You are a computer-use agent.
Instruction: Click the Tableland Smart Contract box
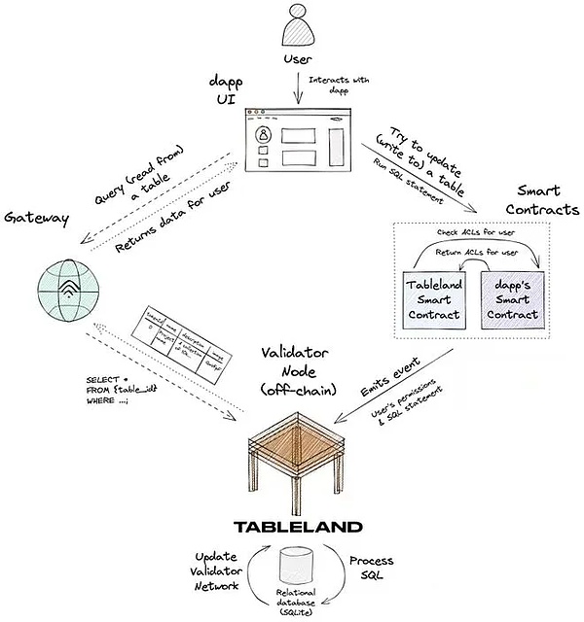[435, 297]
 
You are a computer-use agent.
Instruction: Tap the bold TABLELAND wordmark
[298, 528]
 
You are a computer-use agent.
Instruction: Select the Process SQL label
[372, 570]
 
